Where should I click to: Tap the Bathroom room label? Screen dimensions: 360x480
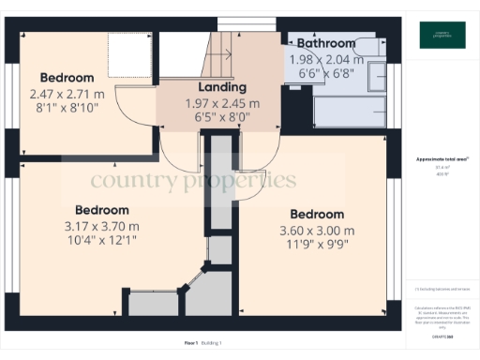[x=326, y=43]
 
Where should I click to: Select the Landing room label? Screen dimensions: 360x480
[x=222, y=87]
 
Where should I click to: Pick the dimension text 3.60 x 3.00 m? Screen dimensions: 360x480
[x=317, y=231]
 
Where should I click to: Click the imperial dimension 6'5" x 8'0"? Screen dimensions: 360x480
[x=222, y=119]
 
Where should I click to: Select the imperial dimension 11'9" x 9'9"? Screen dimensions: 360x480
[x=317, y=247]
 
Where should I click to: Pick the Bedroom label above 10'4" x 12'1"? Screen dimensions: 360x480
[x=101, y=210]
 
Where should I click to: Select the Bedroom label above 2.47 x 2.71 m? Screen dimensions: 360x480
[x=66, y=77]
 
